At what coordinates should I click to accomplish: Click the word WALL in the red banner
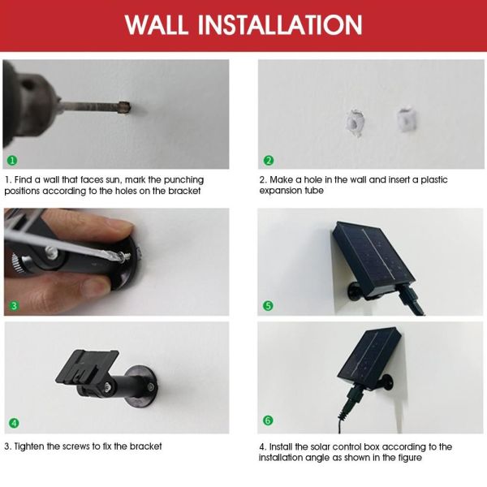coord(156,24)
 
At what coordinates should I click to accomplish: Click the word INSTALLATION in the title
coord(280,24)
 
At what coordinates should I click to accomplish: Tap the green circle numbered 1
coord(12,160)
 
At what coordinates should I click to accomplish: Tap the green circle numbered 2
coord(269,160)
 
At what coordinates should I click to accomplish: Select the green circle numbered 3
coord(14,306)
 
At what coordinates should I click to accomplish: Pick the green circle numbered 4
coord(14,423)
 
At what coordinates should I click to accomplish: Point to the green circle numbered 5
coord(268,306)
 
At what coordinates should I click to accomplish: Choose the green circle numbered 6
coord(268,420)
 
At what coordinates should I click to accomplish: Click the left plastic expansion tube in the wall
coord(355,123)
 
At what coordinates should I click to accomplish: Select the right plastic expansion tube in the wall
coord(406,119)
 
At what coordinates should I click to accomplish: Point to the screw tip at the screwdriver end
coord(127,256)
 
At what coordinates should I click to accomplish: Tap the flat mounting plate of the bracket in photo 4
coord(88,367)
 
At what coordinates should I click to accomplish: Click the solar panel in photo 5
coord(373,258)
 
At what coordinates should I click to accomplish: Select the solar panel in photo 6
coord(369,356)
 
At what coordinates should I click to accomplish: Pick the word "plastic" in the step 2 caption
coord(434,180)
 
